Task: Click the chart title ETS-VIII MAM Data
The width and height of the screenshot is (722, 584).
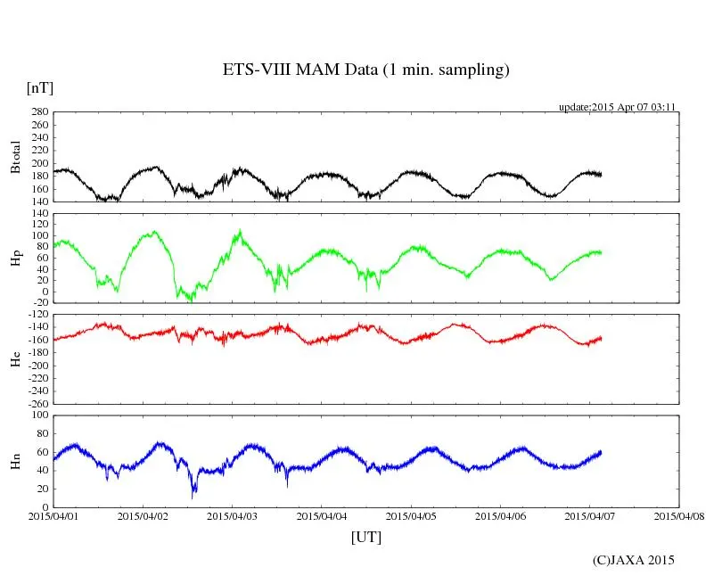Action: [365, 70]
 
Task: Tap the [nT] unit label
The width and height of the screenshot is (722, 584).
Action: [39, 87]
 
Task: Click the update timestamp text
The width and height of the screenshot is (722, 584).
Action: [618, 106]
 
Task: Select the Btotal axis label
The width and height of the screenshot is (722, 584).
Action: [15, 156]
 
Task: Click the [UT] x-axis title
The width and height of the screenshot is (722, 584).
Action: [365, 537]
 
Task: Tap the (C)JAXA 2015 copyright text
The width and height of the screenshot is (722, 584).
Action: [634, 560]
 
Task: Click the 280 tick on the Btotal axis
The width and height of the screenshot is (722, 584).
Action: [38, 112]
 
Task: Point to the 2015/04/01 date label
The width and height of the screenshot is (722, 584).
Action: [53, 515]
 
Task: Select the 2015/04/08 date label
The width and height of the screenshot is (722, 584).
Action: [680, 515]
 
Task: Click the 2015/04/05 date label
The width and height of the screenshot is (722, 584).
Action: [411, 515]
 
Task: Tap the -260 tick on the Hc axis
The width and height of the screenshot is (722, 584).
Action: [35, 403]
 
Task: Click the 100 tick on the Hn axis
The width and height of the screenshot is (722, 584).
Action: [38, 415]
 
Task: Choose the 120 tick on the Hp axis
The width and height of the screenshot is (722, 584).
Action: [38, 213]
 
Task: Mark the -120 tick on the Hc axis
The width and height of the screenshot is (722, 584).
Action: [35, 315]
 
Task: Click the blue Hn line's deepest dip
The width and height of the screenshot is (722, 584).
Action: [193, 495]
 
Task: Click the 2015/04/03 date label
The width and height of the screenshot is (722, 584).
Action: [232, 515]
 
